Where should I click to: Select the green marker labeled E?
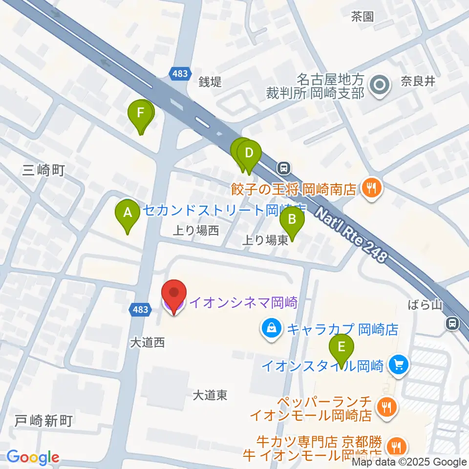point(341,347)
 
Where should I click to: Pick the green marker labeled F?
point(141,114)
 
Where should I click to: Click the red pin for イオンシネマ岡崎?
point(174,294)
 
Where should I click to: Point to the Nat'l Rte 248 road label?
point(352,234)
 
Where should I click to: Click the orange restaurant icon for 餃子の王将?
point(371,188)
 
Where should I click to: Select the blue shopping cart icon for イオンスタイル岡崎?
point(399,364)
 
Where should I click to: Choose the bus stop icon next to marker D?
point(283,169)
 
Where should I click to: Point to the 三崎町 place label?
point(43,170)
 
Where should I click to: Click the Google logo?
point(33,458)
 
